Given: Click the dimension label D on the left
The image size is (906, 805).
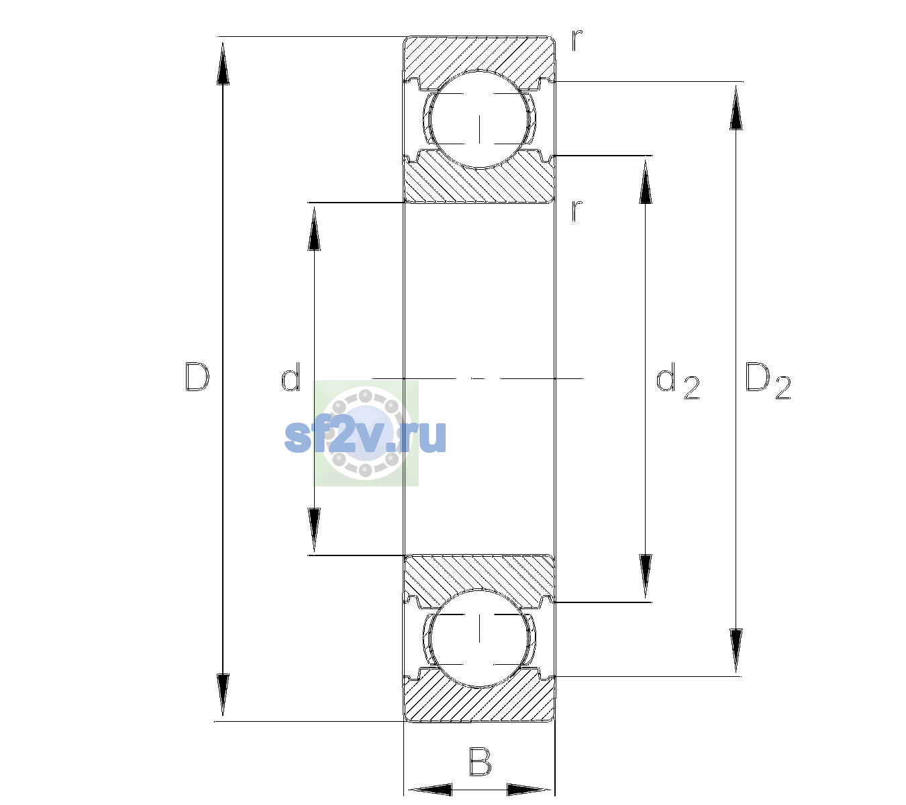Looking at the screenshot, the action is (197, 377).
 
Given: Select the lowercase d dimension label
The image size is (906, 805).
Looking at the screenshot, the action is (291, 377).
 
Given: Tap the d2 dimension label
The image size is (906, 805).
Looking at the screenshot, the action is (678, 381).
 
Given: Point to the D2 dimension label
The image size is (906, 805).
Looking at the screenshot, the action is (768, 381).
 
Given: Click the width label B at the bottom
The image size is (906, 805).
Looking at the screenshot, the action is (480, 761).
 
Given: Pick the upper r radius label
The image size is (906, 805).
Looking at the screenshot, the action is (577, 40).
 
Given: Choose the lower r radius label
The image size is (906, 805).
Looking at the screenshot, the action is (577, 211).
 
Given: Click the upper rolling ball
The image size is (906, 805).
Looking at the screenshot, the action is (479, 119).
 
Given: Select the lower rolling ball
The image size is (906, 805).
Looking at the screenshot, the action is (479, 638).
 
